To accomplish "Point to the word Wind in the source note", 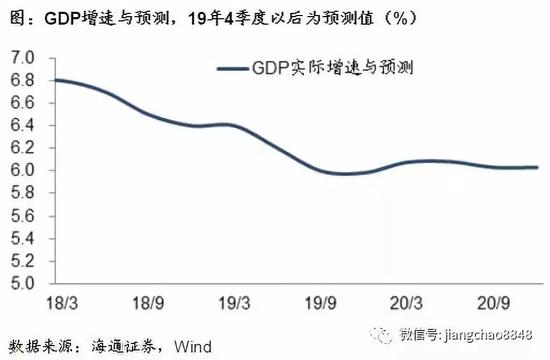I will click(196, 343).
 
